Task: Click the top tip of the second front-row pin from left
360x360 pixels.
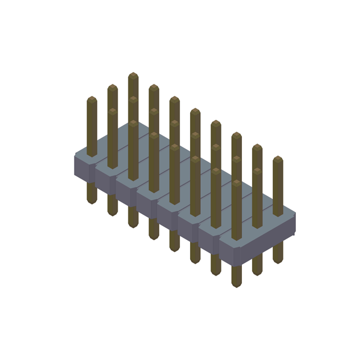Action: (112, 111)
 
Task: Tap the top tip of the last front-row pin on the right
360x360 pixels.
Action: (236, 182)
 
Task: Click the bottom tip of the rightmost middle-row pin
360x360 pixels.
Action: (257, 273)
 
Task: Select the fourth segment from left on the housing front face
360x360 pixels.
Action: (147, 206)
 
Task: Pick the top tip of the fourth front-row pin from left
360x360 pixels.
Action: (154, 134)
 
